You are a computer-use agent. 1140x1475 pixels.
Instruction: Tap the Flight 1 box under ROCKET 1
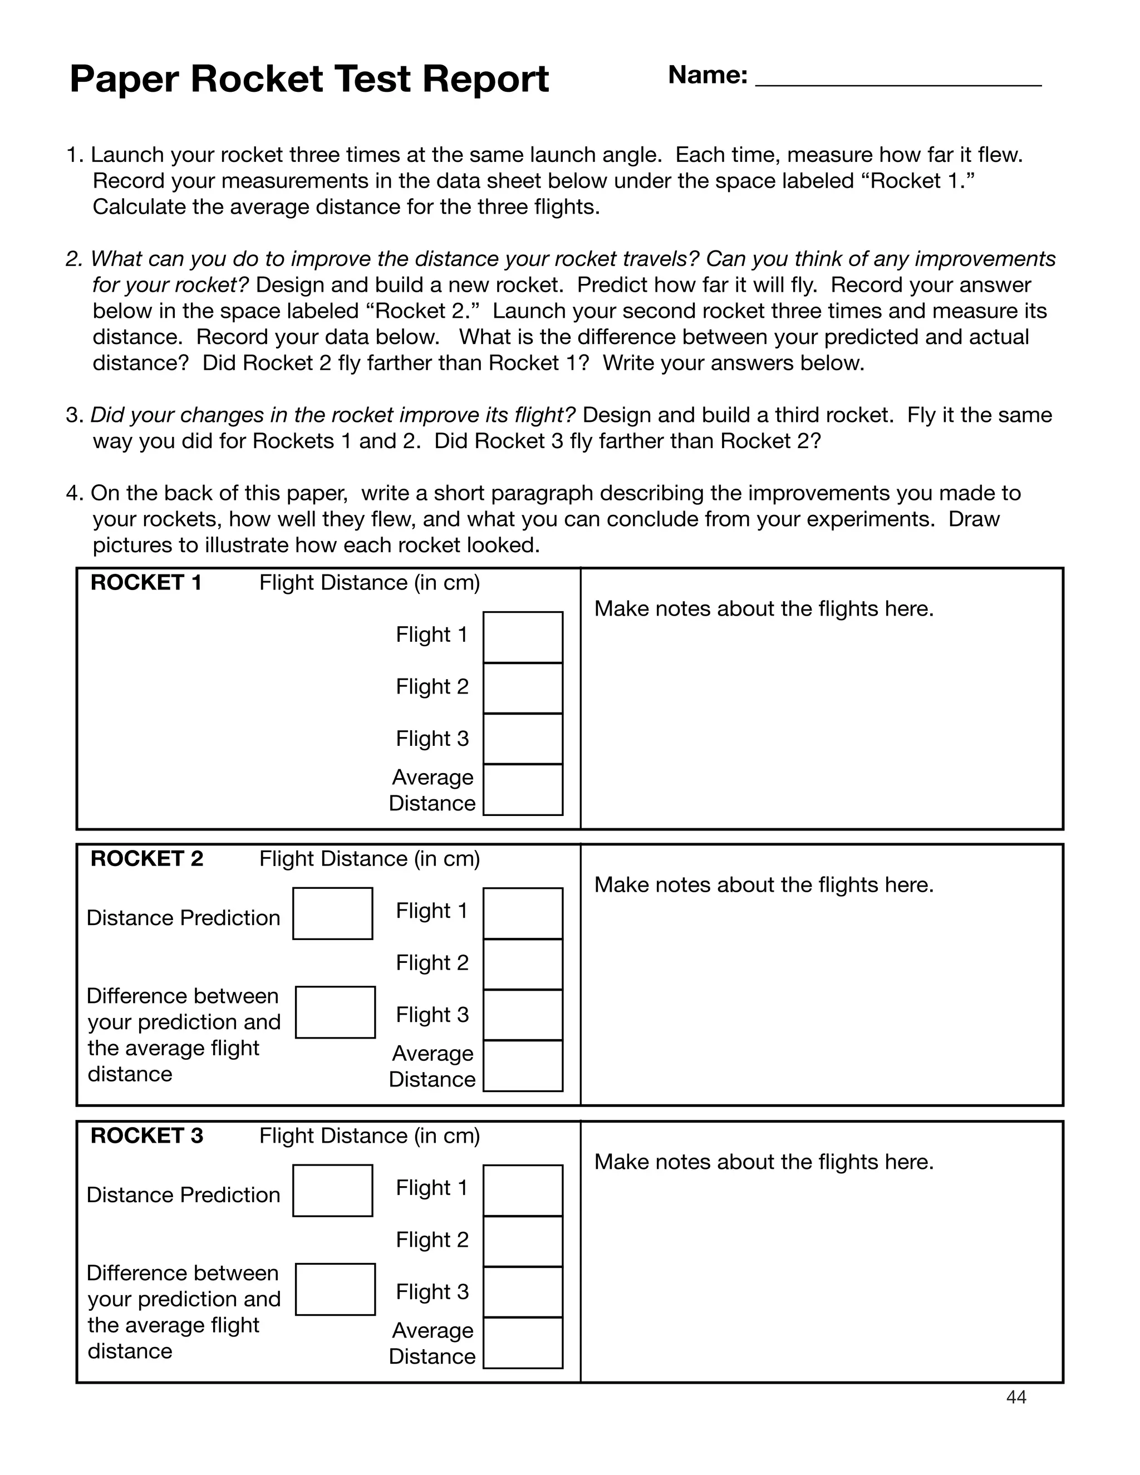(523, 637)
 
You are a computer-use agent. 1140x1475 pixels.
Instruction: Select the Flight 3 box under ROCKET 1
(523, 739)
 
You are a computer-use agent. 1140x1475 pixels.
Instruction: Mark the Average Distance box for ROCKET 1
(523, 789)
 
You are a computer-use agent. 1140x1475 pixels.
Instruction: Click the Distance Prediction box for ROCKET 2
(332, 913)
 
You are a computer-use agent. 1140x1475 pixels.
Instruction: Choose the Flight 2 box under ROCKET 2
(523, 963)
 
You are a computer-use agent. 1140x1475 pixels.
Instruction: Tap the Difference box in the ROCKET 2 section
(335, 1012)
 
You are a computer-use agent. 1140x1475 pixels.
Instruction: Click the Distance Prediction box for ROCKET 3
(332, 1190)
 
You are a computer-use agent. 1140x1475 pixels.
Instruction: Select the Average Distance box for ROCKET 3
(523, 1343)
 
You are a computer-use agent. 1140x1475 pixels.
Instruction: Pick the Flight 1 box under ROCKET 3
(523, 1190)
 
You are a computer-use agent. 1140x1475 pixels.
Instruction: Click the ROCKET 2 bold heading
(146, 858)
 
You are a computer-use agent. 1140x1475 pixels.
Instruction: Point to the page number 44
(1016, 1397)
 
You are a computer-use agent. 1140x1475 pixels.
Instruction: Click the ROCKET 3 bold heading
(146, 1135)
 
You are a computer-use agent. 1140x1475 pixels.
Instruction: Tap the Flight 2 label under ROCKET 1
(431, 687)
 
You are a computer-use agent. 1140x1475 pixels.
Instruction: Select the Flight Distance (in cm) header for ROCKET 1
(370, 582)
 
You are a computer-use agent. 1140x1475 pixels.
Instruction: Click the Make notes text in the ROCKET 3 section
(763, 1162)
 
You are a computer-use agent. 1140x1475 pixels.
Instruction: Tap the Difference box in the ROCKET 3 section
(335, 1289)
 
